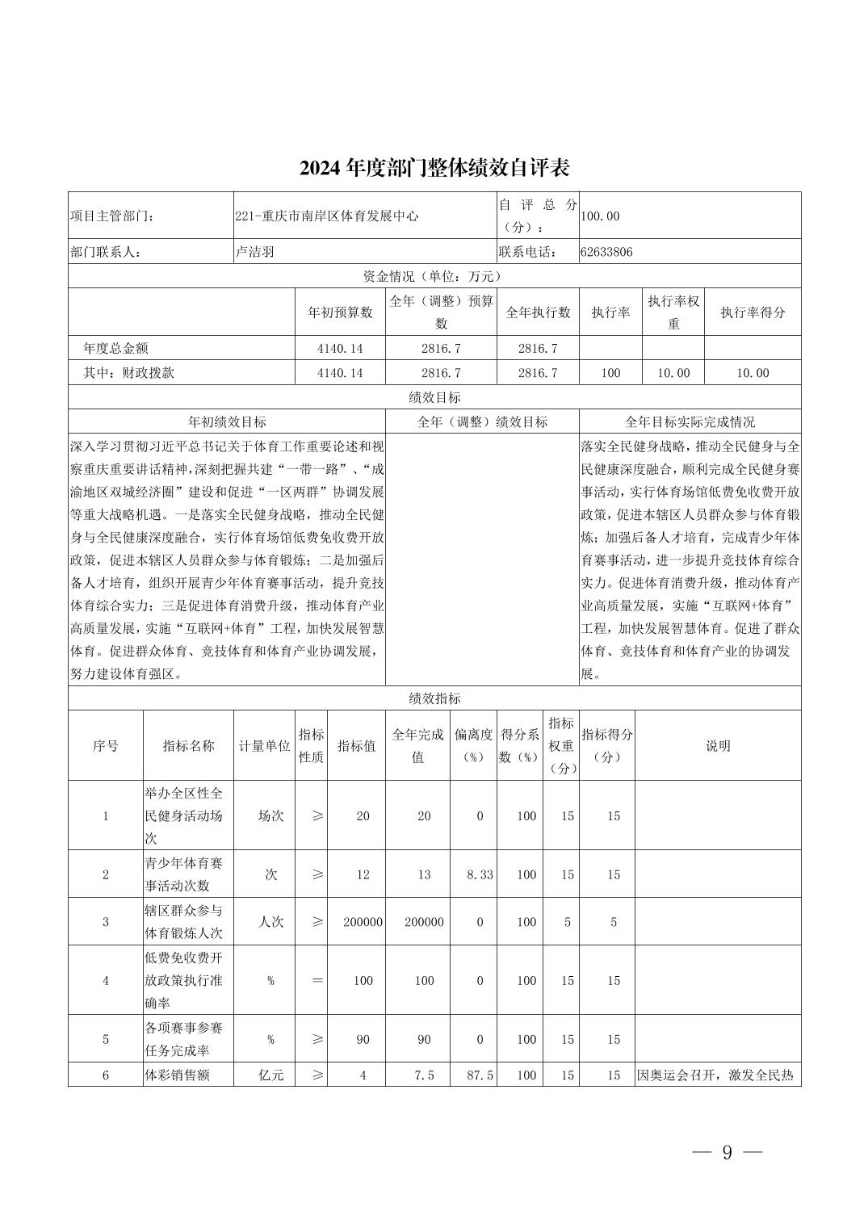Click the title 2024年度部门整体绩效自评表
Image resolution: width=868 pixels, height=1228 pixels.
coord(434,168)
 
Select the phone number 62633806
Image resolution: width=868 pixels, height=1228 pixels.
coord(606,252)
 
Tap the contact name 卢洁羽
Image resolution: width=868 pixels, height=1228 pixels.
coord(254,252)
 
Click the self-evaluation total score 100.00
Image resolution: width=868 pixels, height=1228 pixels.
coord(600,216)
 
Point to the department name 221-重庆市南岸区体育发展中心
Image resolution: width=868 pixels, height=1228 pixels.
coord(326,216)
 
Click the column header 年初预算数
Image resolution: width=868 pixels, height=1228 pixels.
coord(340,312)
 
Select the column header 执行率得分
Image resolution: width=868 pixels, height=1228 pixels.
coord(753,312)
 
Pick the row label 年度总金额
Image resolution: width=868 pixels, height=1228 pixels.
coord(115,349)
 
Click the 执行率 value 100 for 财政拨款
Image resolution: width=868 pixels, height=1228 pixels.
coord(610,373)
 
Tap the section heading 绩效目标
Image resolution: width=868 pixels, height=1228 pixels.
coord(434,397)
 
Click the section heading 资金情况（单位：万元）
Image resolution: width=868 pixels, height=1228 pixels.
coord(434,276)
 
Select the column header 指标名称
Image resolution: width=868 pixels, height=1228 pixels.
coord(188,746)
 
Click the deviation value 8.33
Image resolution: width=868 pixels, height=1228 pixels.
coord(480,875)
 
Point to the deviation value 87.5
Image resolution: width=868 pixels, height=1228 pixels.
coord(480,1075)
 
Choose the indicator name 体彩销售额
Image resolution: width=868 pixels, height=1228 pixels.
coord(177,1075)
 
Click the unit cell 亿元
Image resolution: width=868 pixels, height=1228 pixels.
coord(270,1075)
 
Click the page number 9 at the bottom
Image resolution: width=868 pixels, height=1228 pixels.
coord(726,1153)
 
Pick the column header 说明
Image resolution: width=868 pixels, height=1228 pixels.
coord(717,746)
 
